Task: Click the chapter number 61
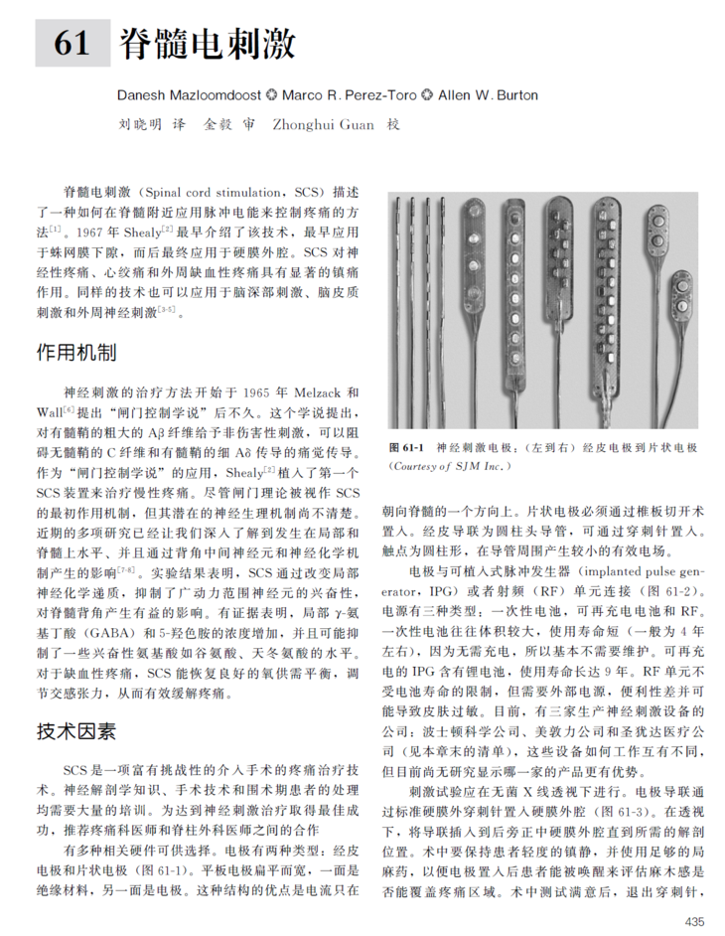(x=72, y=44)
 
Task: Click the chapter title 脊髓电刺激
(x=208, y=44)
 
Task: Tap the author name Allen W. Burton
(x=488, y=95)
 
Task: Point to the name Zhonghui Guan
(x=319, y=126)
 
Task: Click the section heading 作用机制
(x=75, y=353)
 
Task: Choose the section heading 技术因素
(x=75, y=731)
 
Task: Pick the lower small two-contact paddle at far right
(x=683, y=298)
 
